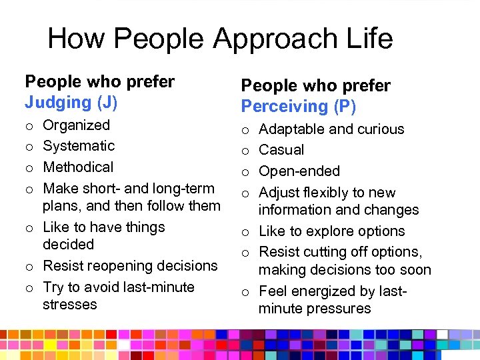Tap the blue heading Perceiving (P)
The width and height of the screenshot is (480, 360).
pyautogui.click(x=298, y=106)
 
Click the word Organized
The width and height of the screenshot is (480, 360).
pyautogui.click(x=76, y=125)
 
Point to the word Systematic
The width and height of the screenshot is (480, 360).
pyautogui.click(x=79, y=145)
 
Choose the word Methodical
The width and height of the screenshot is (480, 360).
pyautogui.click(x=78, y=167)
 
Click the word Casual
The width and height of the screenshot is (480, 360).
pyautogui.click(x=281, y=149)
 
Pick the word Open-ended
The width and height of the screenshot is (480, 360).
pyautogui.click(x=299, y=171)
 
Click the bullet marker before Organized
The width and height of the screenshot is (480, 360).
pyautogui.click(x=29, y=126)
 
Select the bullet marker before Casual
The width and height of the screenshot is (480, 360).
pyautogui.click(x=245, y=151)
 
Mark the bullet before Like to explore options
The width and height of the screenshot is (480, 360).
pyautogui.click(x=245, y=232)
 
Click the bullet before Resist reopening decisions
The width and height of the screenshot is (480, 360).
pyautogui.click(x=29, y=267)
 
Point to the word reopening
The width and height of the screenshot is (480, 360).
pyautogui.click(x=120, y=265)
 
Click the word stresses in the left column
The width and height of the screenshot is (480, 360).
pyautogui.click(x=69, y=304)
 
